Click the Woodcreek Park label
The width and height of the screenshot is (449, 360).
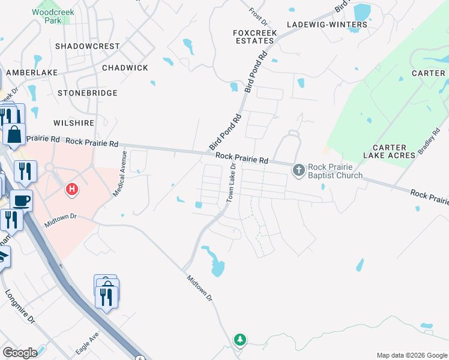click(47, 16)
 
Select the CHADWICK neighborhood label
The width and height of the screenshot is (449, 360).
click(125, 68)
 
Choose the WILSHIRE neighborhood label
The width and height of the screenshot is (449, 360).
click(74, 123)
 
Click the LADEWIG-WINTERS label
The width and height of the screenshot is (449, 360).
click(327, 25)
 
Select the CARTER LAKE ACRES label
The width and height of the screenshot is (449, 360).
click(393, 151)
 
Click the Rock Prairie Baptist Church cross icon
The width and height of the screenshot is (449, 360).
click(299, 171)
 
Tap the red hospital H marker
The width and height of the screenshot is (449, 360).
click(72, 190)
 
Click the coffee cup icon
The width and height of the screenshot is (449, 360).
click(22, 200)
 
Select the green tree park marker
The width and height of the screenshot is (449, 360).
click(240, 340)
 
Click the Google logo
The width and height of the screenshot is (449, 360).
click(20, 353)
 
